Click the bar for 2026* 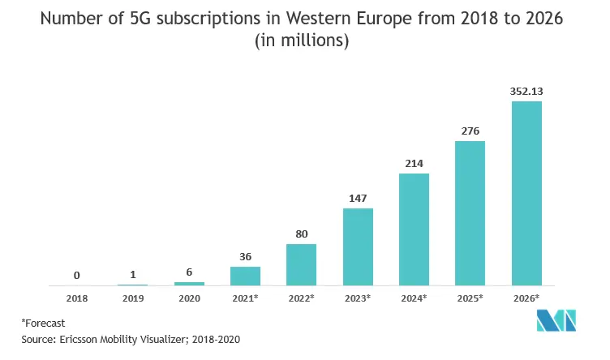click(526, 194)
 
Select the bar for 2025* click(470, 213)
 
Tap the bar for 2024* click(414, 229)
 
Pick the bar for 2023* click(358, 247)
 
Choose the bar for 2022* click(302, 265)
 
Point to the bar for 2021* click(245, 276)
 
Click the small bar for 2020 click(189, 284)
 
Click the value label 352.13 click(526, 92)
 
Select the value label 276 click(470, 131)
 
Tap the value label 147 click(358, 199)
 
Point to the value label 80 click(302, 234)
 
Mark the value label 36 click(245, 256)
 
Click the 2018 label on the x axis click(76, 298)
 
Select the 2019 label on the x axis click(133, 298)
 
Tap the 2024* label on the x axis click(414, 298)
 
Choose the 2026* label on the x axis click(526, 298)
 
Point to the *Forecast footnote click(43, 323)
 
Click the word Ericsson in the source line click(78, 340)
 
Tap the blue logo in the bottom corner click(556, 321)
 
